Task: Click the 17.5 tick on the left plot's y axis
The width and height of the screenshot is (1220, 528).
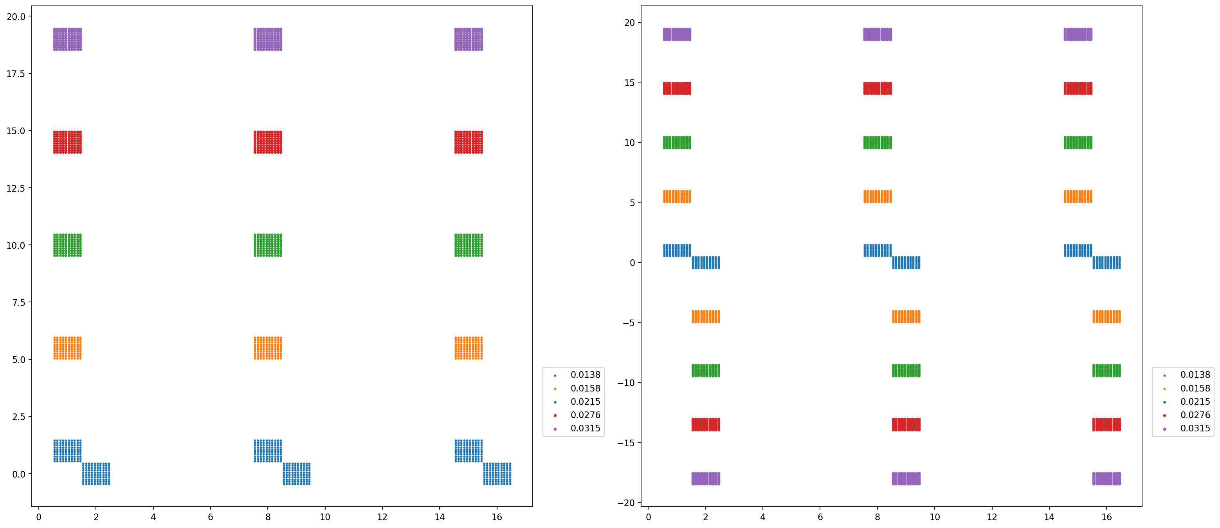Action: pos(16,74)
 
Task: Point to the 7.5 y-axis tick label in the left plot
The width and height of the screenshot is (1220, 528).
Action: pos(18,302)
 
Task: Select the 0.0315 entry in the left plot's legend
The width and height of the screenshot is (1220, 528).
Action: pos(585,429)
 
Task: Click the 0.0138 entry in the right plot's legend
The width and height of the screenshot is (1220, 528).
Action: pos(1195,375)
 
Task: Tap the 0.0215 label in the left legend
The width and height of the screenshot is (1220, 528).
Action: pos(585,402)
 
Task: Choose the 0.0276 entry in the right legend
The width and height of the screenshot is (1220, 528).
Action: pos(1195,415)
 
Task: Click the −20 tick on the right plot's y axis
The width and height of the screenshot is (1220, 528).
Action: pos(629,503)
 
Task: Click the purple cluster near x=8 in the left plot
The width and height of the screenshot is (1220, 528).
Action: pos(268,39)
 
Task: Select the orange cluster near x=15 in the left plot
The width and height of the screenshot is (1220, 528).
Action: pos(469,348)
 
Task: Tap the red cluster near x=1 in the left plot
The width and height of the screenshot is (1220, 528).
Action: pos(67,142)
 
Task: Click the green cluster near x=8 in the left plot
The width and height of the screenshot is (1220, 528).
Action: pos(268,245)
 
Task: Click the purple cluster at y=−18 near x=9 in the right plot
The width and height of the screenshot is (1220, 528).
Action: pos(906,479)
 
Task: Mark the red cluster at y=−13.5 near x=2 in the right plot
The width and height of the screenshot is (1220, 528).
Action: pos(706,424)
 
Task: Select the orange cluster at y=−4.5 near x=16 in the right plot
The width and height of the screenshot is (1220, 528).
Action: pos(1106,316)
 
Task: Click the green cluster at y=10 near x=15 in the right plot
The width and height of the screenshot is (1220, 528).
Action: pos(1078,142)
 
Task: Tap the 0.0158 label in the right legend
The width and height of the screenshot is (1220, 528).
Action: pos(1195,388)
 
